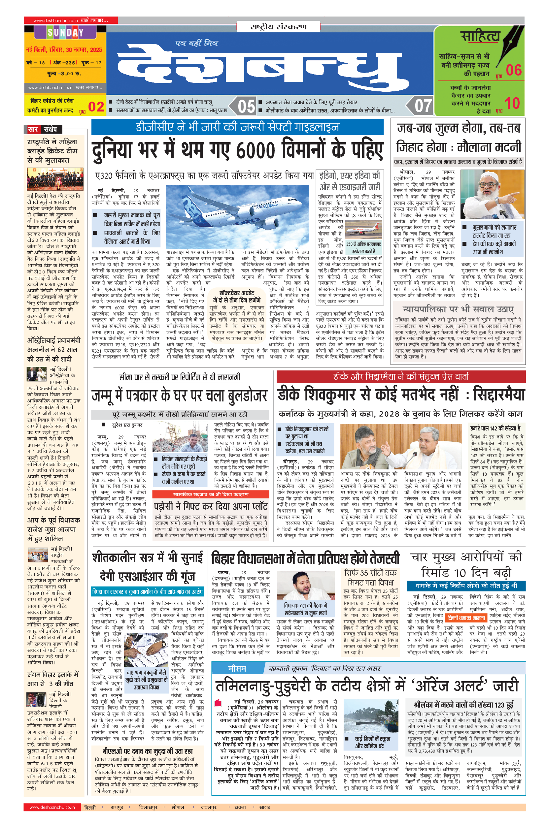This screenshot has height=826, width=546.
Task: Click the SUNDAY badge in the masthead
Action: (x=65, y=33)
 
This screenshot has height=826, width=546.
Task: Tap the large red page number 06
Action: (x=514, y=70)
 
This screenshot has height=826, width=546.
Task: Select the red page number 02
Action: (x=96, y=107)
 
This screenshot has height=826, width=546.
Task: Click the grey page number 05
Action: (x=246, y=106)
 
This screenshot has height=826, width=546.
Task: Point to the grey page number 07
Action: (x=423, y=106)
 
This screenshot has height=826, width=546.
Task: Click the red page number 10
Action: (x=512, y=103)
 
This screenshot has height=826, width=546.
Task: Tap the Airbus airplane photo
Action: (x=237, y=216)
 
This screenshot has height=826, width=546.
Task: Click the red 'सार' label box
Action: (x=33, y=129)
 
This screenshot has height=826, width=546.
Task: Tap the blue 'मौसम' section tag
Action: (x=237, y=668)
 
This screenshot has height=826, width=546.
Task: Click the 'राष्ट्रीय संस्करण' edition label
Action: (x=278, y=27)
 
